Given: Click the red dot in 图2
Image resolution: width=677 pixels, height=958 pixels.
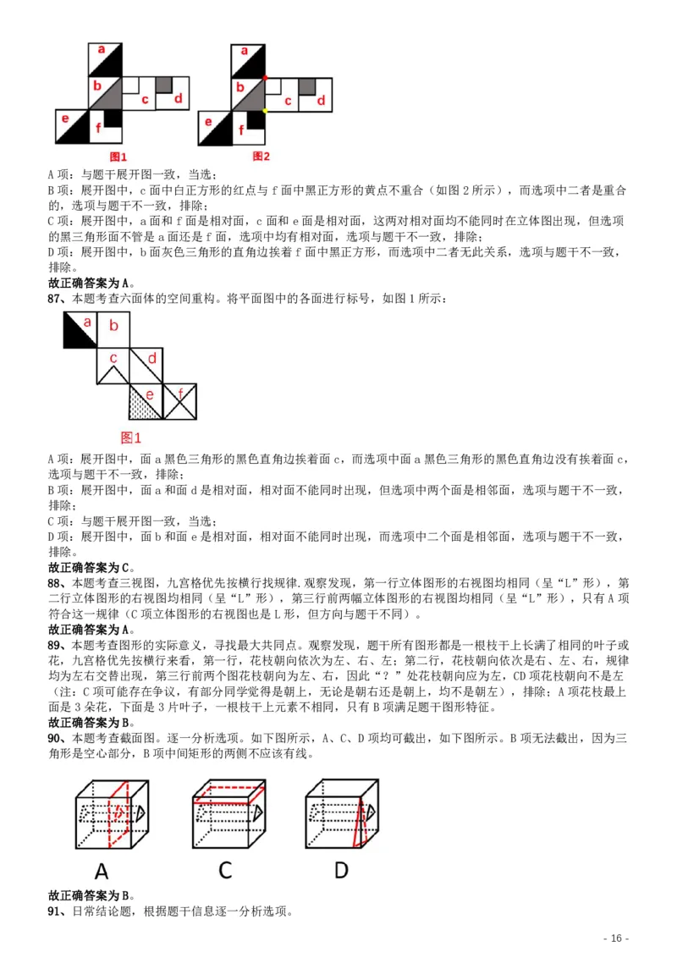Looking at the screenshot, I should (x=265, y=78).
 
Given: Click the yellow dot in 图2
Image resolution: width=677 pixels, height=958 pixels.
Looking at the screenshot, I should (x=265, y=110).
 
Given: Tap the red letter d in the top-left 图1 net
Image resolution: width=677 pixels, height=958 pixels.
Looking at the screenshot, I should (x=178, y=99).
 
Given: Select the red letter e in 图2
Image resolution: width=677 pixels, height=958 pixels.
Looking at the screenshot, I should (x=207, y=120).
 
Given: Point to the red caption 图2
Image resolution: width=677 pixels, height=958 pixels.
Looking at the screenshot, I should (x=261, y=157).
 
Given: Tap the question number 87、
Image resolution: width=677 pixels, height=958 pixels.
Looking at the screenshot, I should (x=58, y=299).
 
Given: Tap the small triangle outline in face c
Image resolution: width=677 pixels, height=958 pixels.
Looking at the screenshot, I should (x=113, y=359).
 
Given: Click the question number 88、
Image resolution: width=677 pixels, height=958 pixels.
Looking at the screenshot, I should (x=58, y=583).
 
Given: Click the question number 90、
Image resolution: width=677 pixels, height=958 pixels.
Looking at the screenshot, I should (x=58, y=738).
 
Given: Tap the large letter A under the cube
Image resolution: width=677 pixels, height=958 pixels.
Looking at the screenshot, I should (x=102, y=870).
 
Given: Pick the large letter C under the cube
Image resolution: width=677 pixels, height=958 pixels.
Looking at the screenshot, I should (x=225, y=870).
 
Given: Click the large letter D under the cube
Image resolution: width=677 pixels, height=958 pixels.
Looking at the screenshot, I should (x=341, y=870).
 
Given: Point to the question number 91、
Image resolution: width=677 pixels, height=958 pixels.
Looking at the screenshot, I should (x=58, y=911).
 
